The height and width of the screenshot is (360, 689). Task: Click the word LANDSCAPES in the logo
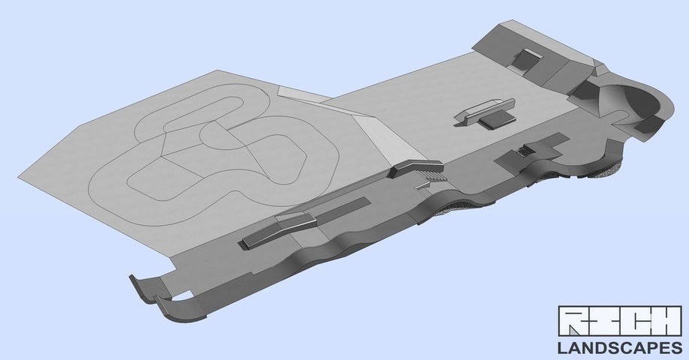620,348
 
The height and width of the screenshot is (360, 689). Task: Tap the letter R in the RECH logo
571,321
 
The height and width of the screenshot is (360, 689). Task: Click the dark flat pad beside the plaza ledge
496,119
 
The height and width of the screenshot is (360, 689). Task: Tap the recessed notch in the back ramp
525,59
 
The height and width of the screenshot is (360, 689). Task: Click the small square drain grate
526,151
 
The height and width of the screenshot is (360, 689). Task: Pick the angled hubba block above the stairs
415,168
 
